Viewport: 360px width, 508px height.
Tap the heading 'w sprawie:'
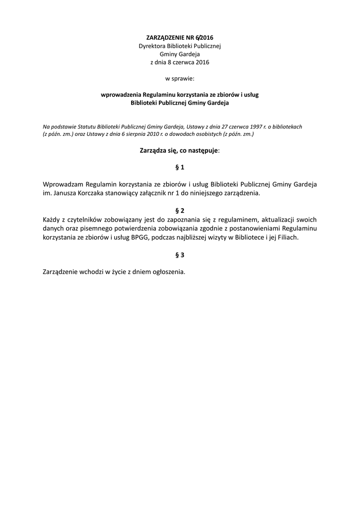pyautogui.click(x=179, y=78)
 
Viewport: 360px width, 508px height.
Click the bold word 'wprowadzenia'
pyautogui.click(x=121, y=95)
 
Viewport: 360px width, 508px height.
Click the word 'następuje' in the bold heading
pyautogui.click(x=200, y=150)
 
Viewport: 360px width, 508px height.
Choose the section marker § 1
pyautogui.click(x=180, y=167)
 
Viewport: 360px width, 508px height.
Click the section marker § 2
pyautogui.click(x=180, y=210)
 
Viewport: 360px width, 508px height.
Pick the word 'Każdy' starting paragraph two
pyautogui.click(x=52, y=219)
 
